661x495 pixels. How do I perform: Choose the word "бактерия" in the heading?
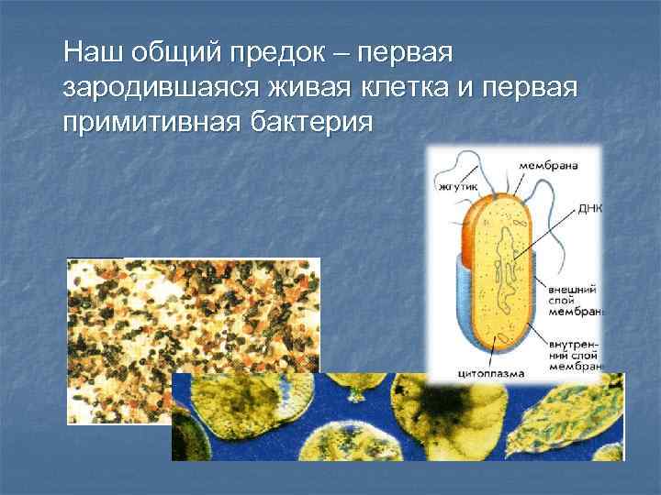pyautogui.click(x=309, y=120)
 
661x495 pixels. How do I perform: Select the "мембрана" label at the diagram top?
pyautogui.click(x=547, y=166)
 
